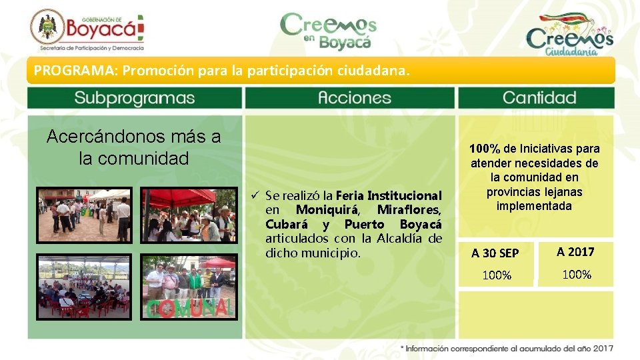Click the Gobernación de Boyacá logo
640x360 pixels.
87,30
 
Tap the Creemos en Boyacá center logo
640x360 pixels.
328,31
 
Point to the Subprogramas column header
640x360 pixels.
135,98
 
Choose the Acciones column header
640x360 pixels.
351,98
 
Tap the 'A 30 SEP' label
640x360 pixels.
495,253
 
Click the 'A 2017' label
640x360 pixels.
575,252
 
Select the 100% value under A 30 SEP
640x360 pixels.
497,275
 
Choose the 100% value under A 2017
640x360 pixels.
577,274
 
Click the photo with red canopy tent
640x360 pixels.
188,215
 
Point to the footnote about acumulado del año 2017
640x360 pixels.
507,348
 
